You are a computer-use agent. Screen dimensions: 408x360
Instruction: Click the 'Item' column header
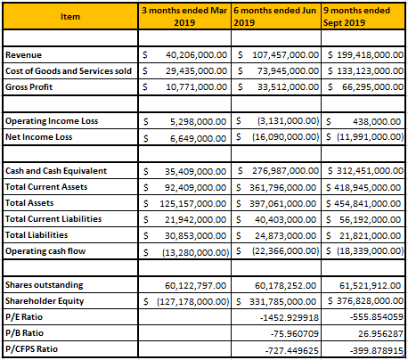click(70, 17)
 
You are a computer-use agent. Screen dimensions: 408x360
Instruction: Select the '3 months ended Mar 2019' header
click(184, 17)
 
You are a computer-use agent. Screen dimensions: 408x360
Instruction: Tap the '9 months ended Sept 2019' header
click(356, 17)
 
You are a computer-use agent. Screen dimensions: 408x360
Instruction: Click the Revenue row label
click(23, 55)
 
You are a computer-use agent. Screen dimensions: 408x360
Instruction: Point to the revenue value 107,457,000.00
click(285, 55)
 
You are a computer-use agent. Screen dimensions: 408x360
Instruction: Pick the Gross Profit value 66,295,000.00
click(372, 87)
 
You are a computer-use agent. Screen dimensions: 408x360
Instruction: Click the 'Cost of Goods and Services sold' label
click(69, 71)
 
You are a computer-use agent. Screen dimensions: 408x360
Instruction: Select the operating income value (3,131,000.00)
click(288, 121)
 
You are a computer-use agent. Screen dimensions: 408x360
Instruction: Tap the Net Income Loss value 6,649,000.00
click(198, 138)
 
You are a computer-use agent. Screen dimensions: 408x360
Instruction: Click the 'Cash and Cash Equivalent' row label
click(56, 171)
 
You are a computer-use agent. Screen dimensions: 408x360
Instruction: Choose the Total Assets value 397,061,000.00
click(282, 204)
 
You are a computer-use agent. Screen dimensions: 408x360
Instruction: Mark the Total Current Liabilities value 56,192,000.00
click(371, 220)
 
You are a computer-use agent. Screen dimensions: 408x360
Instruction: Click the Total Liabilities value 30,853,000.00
click(195, 236)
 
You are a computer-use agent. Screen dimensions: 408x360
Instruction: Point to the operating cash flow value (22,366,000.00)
click(286, 251)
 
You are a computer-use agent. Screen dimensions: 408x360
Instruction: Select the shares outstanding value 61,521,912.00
click(371, 286)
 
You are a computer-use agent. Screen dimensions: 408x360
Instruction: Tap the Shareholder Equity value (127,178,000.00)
click(193, 302)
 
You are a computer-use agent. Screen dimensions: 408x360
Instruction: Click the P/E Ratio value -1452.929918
click(290, 318)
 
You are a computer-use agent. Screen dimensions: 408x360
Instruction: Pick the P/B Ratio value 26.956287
click(380, 334)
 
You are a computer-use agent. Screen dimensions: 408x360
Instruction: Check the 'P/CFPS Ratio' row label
click(31, 349)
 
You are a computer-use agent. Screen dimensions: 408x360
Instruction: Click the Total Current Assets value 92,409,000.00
click(195, 188)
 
